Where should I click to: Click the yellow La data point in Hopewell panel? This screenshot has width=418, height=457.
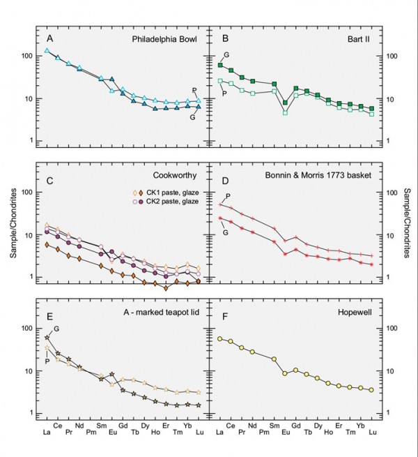pos(220,338)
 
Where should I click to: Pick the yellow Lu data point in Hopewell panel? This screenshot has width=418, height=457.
pos(372,389)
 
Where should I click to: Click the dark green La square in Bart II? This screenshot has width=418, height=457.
pos(220,66)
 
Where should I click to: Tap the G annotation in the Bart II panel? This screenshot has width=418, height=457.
pos(226,55)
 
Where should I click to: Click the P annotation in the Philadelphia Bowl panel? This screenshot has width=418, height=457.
pos(194,89)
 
